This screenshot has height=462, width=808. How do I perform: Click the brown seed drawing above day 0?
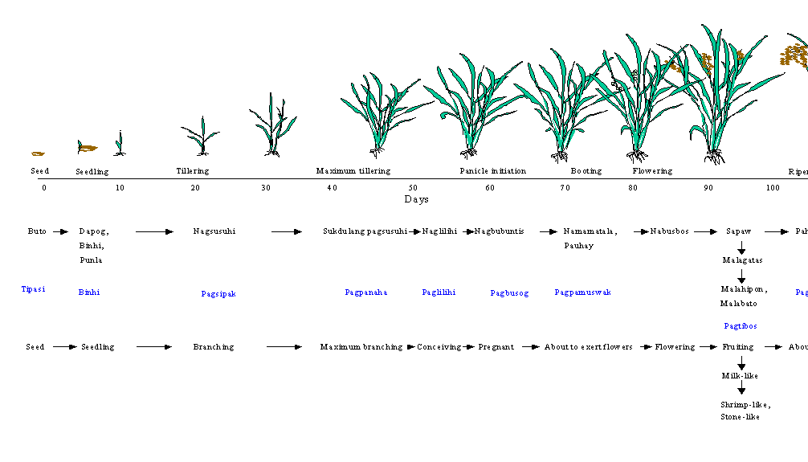click(x=38, y=153)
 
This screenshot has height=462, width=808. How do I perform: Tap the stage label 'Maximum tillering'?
click(x=353, y=171)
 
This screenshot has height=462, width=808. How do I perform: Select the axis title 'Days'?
click(x=416, y=199)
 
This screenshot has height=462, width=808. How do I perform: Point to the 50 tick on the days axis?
click(x=412, y=188)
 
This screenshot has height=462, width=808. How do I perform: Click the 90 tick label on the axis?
click(x=708, y=188)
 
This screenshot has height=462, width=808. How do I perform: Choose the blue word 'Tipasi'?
click(x=33, y=289)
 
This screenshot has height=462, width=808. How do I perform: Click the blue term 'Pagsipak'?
click(x=218, y=294)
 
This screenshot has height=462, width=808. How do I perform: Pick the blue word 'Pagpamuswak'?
click(x=582, y=292)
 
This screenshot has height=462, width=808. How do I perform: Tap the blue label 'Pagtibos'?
click(x=740, y=326)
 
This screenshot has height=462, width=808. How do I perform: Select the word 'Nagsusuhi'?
click(x=214, y=231)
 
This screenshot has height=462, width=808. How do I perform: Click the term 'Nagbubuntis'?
click(x=499, y=231)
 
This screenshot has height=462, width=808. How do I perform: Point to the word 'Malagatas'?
click(x=742, y=260)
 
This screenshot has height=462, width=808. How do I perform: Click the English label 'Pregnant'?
click(x=496, y=347)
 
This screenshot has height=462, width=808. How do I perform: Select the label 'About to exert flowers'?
click(x=588, y=347)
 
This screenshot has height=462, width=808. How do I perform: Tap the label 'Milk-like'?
click(x=740, y=376)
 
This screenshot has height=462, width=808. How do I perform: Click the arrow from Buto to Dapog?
click(x=60, y=231)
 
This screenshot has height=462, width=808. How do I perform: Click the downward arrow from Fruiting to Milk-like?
click(x=741, y=362)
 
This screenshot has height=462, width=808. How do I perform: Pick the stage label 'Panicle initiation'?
click(x=493, y=171)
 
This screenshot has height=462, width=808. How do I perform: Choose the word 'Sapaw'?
click(x=738, y=231)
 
